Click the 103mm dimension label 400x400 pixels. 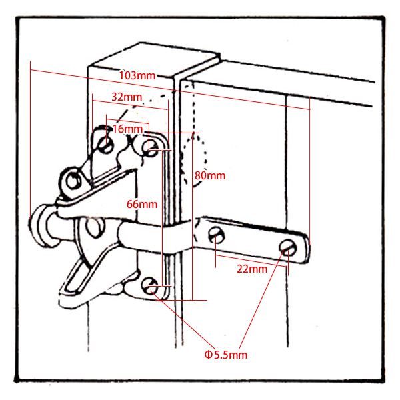point(137,75)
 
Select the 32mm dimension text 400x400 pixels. point(127,97)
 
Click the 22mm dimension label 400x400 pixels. point(253,269)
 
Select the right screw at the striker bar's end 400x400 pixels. point(288,247)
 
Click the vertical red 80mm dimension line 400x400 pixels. point(191,220)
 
